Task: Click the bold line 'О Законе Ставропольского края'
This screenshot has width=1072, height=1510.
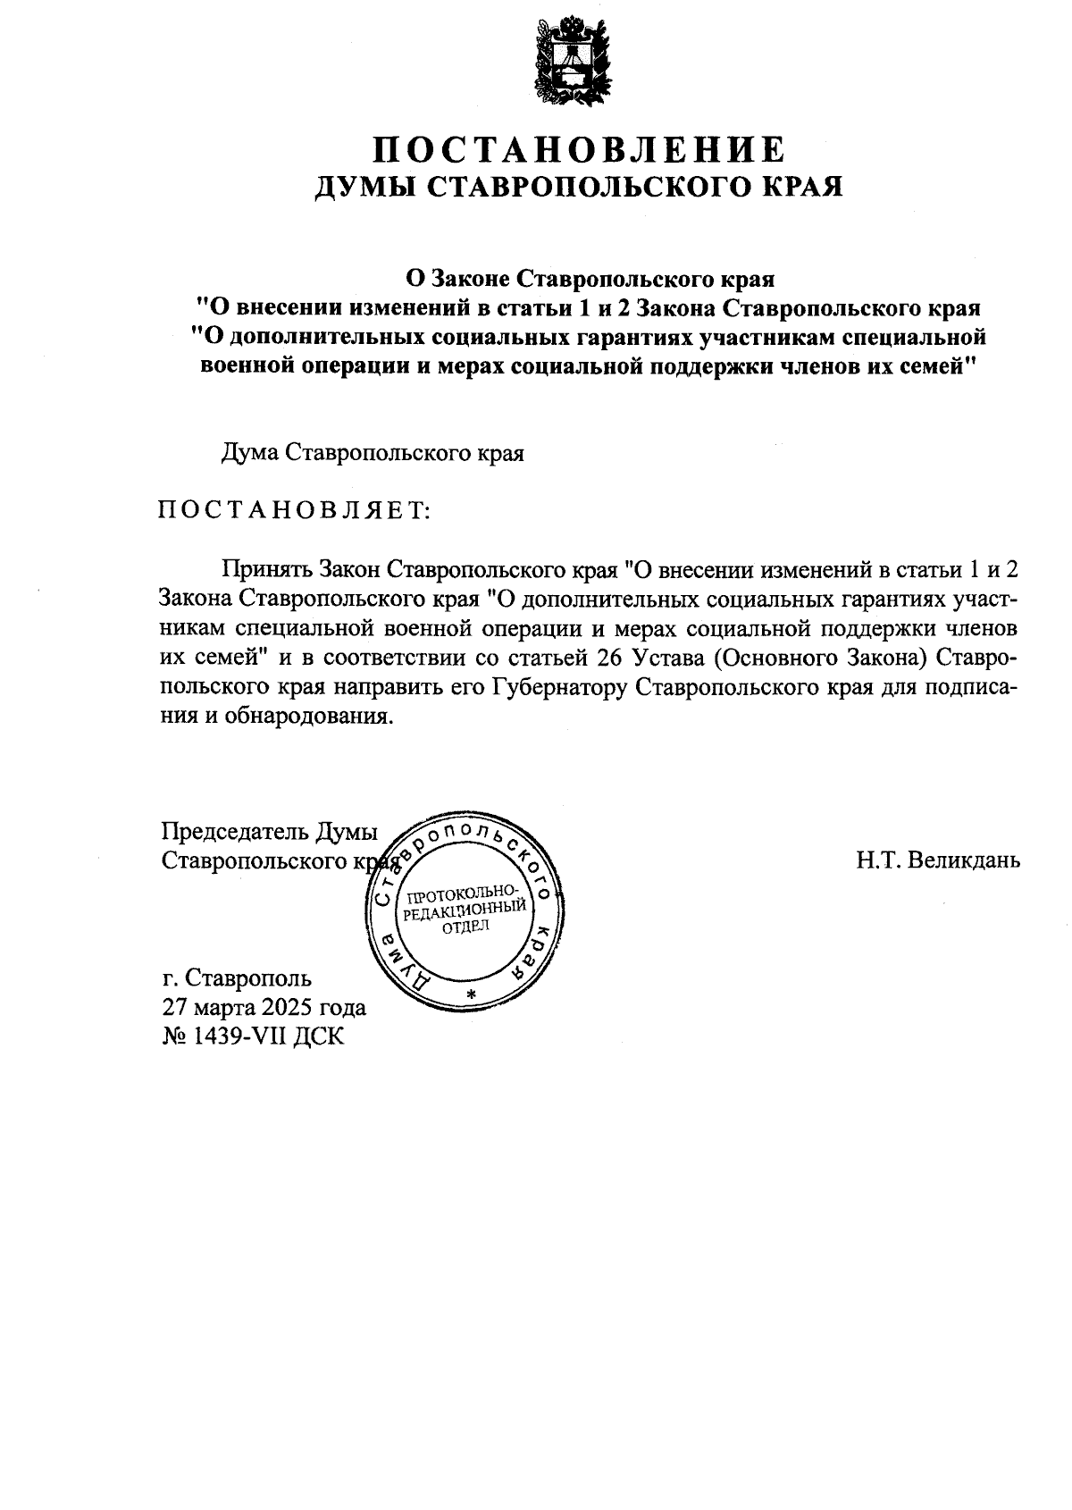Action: click(589, 278)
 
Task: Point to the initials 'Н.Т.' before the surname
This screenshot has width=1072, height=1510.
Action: click(877, 860)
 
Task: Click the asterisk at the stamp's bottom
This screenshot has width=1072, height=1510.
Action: click(472, 994)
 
